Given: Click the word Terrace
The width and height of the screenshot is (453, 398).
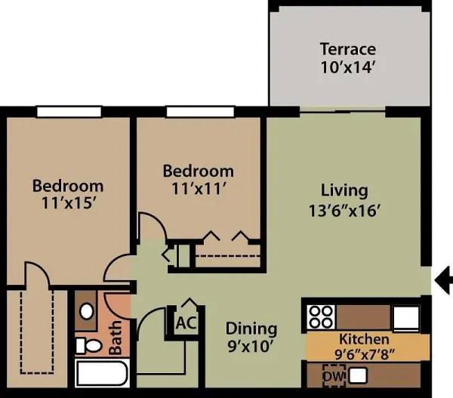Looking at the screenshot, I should pos(347,50).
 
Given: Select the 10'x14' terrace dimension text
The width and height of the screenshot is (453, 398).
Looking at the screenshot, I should pos(347,66).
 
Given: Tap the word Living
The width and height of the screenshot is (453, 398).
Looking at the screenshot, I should pos(344,190).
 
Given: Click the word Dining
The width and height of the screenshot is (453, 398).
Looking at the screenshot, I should pos(251,329).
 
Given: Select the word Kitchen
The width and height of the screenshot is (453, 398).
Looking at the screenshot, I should pos(364,339).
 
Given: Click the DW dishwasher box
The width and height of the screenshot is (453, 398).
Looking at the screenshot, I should pos(331,375).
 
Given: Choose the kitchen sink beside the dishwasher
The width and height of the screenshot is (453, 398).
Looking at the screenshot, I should pos(357,375).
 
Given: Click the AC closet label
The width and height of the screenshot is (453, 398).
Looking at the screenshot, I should pos(186,323).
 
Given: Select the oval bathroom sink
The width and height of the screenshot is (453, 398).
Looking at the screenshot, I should pos(87,310).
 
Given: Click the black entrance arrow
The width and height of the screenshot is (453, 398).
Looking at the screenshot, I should pos(444,279).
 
